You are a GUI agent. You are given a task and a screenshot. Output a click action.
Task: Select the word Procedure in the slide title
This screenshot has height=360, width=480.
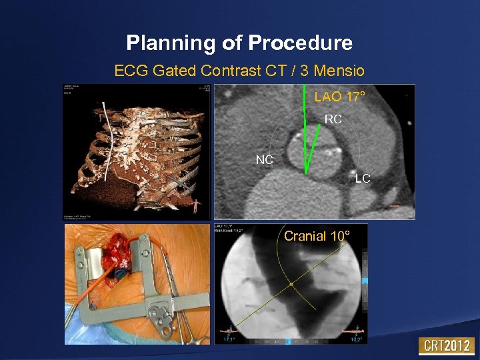[300, 43]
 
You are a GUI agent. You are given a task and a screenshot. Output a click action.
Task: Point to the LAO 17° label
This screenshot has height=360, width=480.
[339, 97]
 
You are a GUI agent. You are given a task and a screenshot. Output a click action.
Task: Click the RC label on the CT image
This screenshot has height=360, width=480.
[333, 119]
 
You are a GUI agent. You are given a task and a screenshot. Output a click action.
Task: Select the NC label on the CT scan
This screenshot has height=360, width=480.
[265, 160]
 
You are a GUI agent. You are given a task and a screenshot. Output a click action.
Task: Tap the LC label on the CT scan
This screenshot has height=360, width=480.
[362, 179]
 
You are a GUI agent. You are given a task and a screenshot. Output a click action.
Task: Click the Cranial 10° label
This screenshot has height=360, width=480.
[315, 236]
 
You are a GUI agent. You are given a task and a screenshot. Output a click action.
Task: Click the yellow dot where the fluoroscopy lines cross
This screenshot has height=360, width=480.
[291, 285]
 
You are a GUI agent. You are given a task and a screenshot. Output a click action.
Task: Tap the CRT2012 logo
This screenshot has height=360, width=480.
[446, 346]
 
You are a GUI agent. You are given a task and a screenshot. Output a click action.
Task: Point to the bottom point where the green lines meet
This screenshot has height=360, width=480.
[306, 173]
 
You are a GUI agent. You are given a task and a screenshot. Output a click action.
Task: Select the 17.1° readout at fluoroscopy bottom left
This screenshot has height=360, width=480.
[229, 339]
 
